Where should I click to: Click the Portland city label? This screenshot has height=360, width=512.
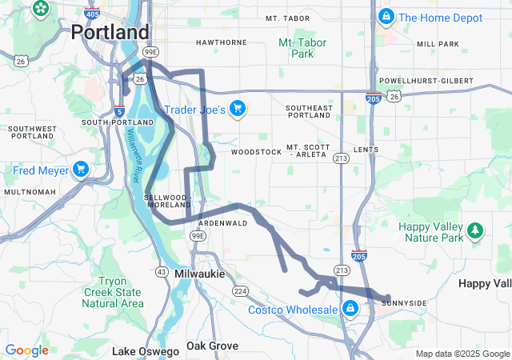[110, 32]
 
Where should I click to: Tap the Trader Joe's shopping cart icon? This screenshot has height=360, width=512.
[237, 108]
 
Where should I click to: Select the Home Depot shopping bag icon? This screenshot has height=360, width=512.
[386, 16]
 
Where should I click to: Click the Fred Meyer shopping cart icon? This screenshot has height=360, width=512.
[80, 170]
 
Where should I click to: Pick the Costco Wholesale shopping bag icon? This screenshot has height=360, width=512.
[350, 309]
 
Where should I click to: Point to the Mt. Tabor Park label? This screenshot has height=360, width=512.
[296, 48]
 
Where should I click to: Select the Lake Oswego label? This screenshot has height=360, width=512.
[146, 351]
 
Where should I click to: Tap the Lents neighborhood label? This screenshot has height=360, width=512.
[366, 150]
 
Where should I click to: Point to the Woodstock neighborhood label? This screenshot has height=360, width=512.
[256, 151]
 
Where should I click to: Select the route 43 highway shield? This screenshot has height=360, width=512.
[162, 272]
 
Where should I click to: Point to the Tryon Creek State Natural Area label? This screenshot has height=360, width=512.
[120, 292]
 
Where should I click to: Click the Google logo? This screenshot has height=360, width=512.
[26, 350]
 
